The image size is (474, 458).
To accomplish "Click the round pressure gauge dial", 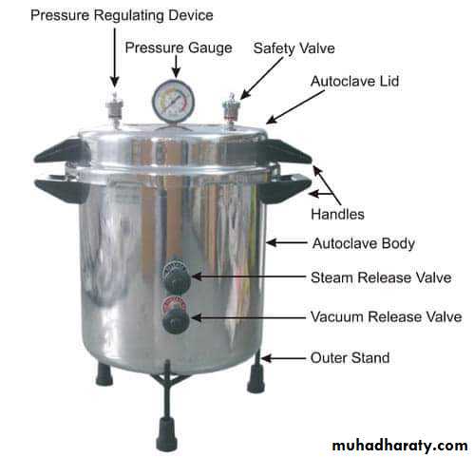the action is pyautogui.click(x=173, y=101).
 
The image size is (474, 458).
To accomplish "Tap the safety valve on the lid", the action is pyautogui.click(x=230, y=111).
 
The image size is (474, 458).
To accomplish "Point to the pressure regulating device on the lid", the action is pyautogui.click(x=115, y=110).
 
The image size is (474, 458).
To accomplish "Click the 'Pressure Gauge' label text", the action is pyautogui.click(x=179, y=48).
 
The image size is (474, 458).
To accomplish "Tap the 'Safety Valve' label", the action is pyautogui.click(x=294, y=48).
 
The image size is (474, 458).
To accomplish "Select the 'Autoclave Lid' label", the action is pyautogui.click(x=354, y=81).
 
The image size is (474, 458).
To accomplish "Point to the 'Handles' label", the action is pyautogui.click(x=337, y=215).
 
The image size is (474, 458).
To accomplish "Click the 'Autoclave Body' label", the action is pyautogui.click(x=364, y=244).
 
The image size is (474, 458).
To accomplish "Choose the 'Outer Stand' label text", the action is pyautogui.click(x=350, y=358).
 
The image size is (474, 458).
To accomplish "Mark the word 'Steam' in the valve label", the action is pyautogui.click(x=332, y=277).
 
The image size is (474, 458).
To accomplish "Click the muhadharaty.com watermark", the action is pyautogui.click(x=400, y=446).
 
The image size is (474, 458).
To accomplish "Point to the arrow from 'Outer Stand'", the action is pyautogui.click(x=283, y=358).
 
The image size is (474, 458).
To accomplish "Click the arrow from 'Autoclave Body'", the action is pyautogui.click(x=287, y=243).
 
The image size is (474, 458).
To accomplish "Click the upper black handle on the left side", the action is pyautogui.click(x=61, y=150).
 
